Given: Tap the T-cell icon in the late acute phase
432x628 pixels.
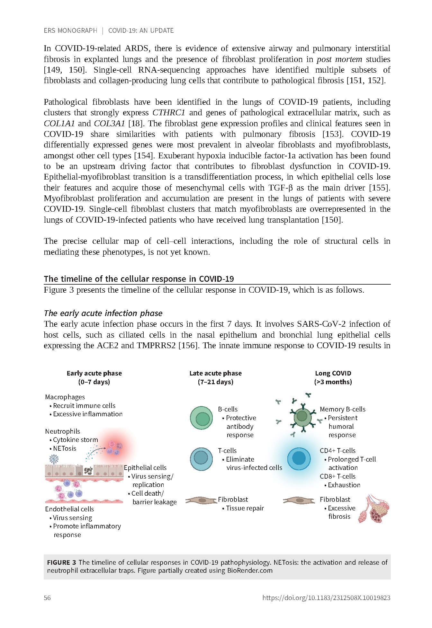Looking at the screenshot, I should (x=201, y=459).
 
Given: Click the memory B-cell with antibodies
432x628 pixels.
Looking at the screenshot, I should (x=302, y=417).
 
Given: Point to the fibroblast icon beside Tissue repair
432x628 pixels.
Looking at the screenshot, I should (x=201, y=500).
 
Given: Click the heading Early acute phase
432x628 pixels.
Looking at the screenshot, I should (x=94, y=373).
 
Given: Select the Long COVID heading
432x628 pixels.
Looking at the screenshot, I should (x=333, y=373).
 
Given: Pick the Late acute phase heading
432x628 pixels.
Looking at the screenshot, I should (x=215, y=373).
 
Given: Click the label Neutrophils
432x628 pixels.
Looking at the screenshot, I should (x=62, y=431).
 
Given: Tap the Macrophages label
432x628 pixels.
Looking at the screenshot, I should (x=65, y=397).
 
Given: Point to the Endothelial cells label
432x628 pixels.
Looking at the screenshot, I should (x=69, y=509).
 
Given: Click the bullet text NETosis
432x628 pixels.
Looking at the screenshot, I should (x=64, y=448).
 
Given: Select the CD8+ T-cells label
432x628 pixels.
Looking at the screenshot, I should (x=337, y=476).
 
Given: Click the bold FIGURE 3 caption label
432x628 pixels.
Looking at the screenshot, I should (x=61, y=562).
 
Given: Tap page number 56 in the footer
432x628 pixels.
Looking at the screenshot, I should (x=47, y=598).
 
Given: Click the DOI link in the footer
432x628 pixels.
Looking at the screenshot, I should (x=326, y=598).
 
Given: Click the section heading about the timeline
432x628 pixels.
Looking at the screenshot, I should (x=139, y=279).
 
